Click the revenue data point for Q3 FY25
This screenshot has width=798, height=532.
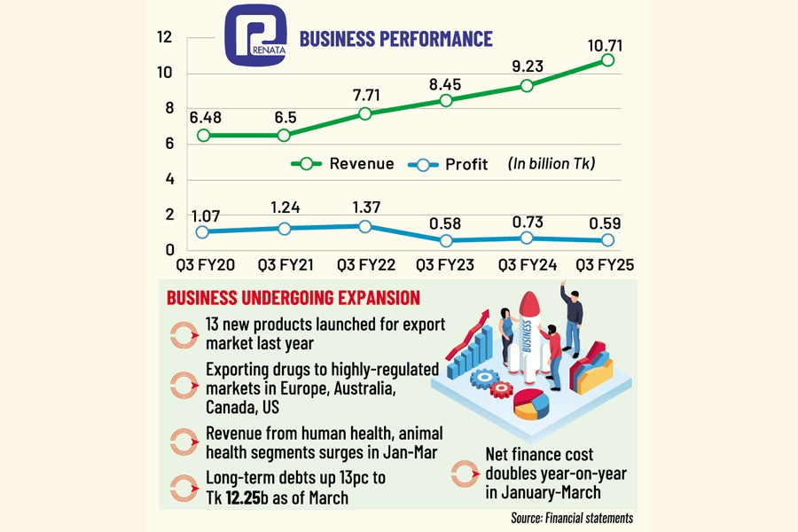(x=607, y=59)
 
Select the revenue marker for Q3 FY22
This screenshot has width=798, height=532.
(x=364, y=113)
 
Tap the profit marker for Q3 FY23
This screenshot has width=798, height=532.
(x=446, y=240)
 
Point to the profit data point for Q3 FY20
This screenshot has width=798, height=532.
(x=203, y=231)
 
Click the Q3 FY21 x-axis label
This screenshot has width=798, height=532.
(x=284, y=264)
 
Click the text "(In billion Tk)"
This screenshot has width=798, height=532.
(x=551, y=163)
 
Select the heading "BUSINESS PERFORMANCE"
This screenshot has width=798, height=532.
(x=395, y=39)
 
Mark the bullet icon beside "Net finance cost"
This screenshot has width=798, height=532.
(x=465, y=473)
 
